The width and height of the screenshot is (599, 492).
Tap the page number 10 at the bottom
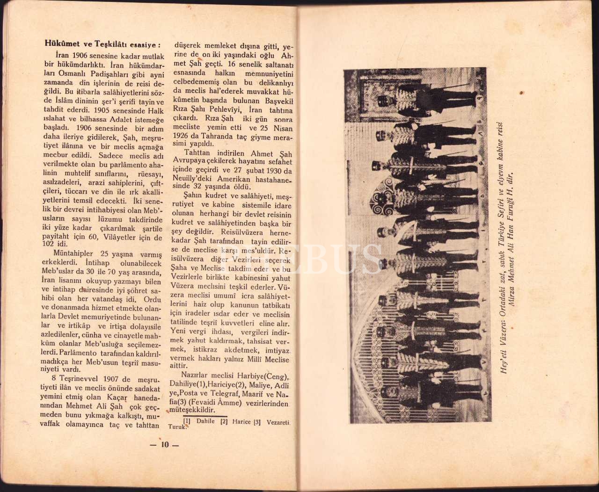pyautogui.click(x=164, y=445)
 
